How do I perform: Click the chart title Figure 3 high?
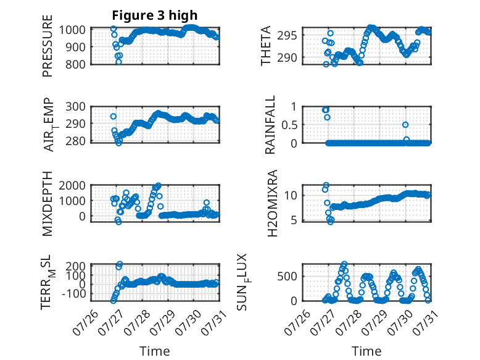(155, 15)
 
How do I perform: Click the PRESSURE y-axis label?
(48, 46)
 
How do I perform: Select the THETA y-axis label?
(266, 46)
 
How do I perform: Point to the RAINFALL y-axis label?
(270, 125)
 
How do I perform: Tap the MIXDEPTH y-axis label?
(48, 204)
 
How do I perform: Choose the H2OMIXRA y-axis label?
(272, 203)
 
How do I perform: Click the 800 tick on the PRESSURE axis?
(76, 64)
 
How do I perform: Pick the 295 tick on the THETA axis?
(287, 35)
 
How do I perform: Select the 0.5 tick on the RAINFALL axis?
(289, 125)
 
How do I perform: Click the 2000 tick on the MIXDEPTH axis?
(72, 185)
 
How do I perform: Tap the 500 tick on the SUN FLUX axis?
(287, 276)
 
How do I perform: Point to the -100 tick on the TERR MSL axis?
(74, 293)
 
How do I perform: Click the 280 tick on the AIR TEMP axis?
(76, 141)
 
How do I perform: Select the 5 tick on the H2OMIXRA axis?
(294, 220)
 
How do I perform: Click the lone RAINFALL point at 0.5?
(405, 125)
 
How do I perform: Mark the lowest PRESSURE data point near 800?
(118, 62)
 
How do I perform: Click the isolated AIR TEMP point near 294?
(114, 117)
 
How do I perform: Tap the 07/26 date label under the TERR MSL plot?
(86, 322)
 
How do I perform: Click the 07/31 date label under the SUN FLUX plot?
(426, 322)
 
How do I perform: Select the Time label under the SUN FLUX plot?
(366, 351)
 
